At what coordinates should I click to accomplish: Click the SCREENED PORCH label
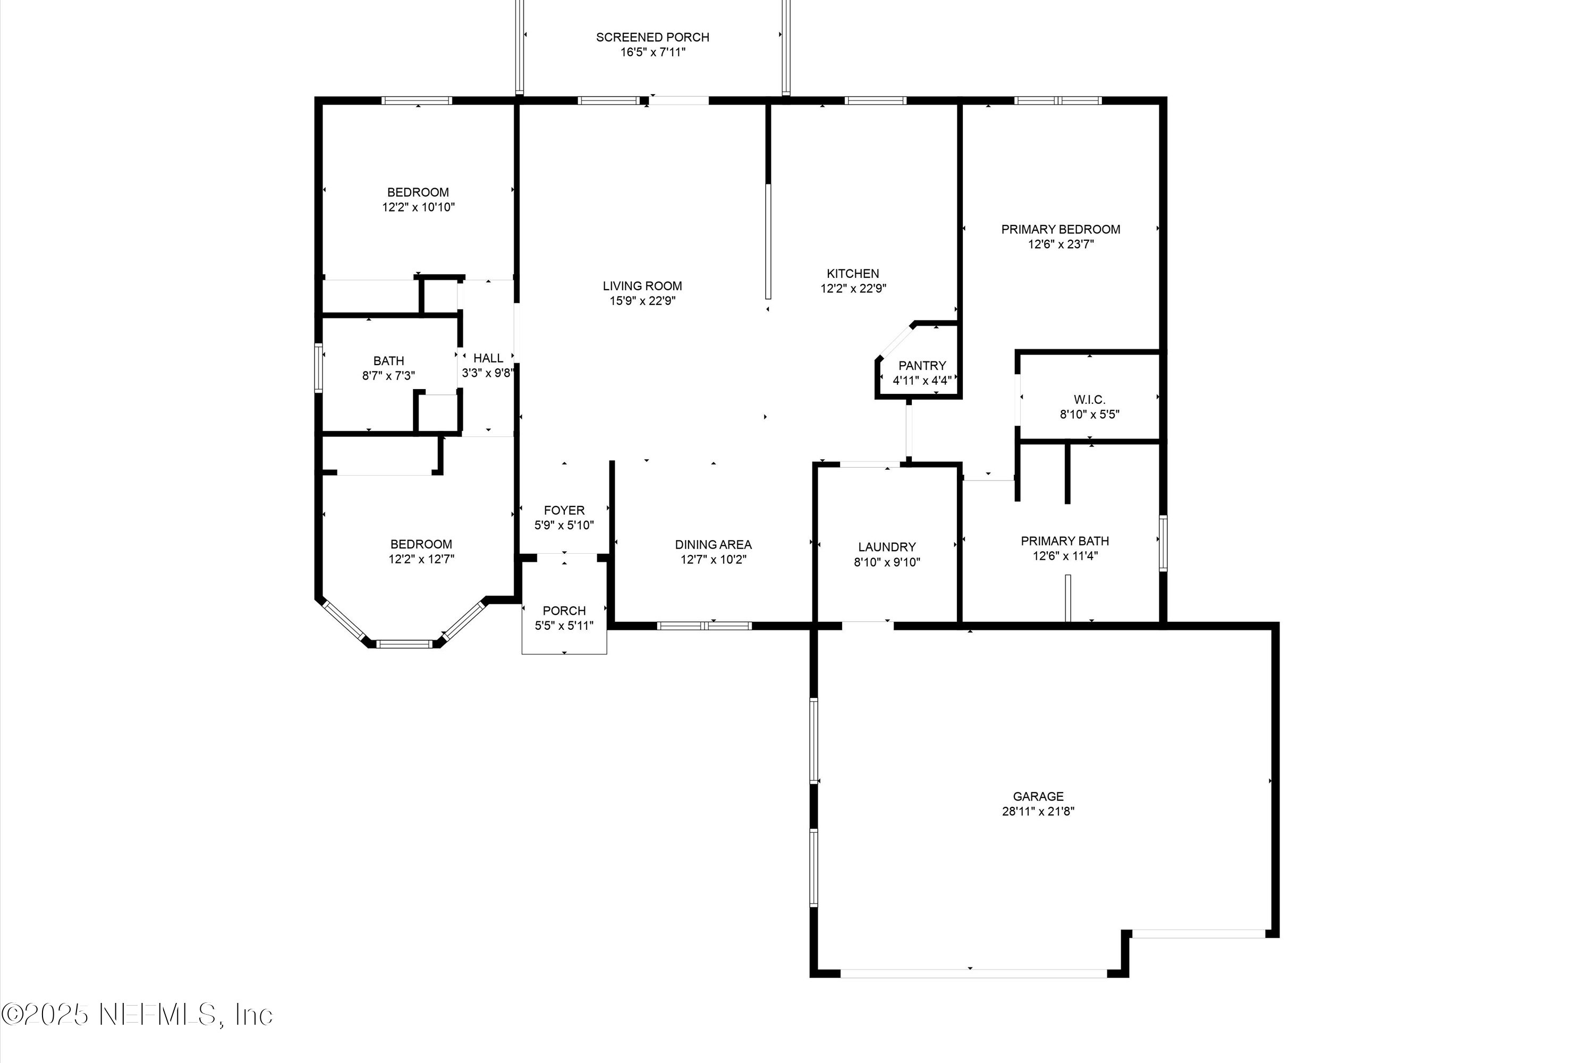pos(652,37)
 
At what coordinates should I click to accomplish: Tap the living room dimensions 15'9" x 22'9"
pos(642,301)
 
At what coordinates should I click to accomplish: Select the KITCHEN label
pos(853,273)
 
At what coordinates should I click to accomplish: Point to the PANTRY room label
pos(922,366)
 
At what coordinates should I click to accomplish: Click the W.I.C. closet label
pos(1089,399)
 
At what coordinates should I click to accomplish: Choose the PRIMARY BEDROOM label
pos(1060,229)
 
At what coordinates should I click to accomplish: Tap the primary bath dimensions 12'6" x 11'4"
pos(1065,556)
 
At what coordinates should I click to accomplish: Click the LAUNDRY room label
pos(886,546)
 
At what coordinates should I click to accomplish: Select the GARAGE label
pos(1038,796)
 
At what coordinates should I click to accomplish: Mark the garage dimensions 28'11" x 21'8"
pos(1038,811)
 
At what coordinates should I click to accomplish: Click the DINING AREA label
pos(713,544)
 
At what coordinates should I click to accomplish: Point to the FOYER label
pos(564,510)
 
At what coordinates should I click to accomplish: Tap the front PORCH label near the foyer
pos(564,610)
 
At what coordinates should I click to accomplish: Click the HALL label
pos(488,358)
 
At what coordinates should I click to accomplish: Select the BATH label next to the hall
pos(388,361)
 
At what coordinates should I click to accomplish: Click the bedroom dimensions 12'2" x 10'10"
pos(418,207)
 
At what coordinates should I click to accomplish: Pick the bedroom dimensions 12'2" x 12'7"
pos(421,559)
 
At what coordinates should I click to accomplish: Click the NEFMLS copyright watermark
pos(137,1015)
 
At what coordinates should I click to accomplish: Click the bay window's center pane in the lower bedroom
pos(404,643)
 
